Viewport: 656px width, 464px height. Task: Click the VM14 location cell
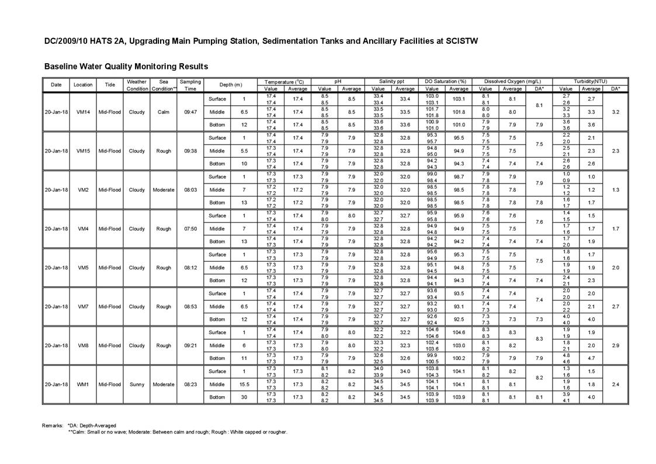[83, 112]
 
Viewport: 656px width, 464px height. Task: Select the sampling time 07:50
[190, 228]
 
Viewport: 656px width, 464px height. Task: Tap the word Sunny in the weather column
[137, 385]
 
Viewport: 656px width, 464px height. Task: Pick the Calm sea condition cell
[164, 112]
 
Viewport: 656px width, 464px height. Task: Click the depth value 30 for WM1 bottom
[244, 397]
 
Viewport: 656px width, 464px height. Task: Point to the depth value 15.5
[244, 385]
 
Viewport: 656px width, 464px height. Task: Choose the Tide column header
[110, 85]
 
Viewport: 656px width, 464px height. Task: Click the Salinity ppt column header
[391, 82]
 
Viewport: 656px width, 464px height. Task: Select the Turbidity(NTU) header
[591, 82]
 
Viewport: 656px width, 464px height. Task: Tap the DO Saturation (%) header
[446, 82]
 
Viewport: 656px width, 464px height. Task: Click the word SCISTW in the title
[461, 41]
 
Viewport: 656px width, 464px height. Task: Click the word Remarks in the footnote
[53, 425]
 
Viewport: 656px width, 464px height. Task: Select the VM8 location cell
[83, 345]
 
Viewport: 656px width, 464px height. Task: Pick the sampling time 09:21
[190, 345]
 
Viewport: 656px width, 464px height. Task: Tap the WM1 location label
[83, 385]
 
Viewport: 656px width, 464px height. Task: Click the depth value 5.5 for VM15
[244, 151]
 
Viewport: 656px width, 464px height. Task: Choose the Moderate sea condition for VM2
[164, 190]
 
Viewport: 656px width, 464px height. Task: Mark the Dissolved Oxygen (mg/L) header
[512, 82]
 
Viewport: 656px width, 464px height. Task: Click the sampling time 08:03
[190, 190]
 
